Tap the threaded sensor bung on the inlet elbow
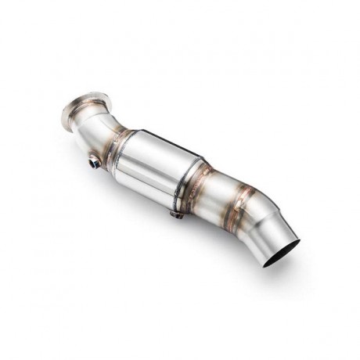[95, 162]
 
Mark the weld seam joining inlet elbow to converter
[120, 148]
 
